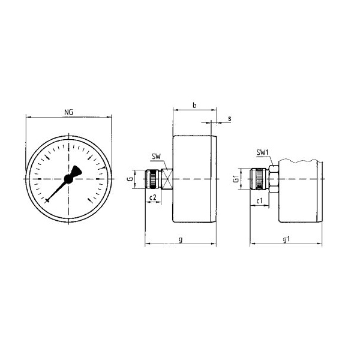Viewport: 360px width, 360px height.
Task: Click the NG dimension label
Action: [x=68, y=112]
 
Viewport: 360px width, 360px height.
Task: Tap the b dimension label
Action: [x=194, y=106]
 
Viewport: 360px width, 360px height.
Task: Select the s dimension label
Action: [x=230, y=118]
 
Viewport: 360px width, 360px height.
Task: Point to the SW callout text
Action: [x=156, y=157]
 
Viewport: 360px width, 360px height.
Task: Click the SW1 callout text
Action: [x=262, y=152]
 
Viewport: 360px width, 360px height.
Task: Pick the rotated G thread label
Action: [x=130, y=179]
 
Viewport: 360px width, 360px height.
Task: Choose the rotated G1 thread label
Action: [x=236, y=179]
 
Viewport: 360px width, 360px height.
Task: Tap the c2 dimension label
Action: [x=152, y=197]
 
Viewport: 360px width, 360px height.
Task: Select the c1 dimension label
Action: [x=259, y=201]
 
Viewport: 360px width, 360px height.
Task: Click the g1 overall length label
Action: [x=286, y=239]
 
